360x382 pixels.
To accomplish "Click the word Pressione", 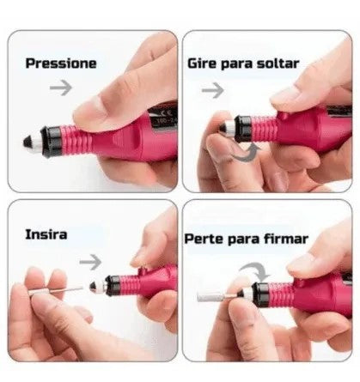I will (60, 63).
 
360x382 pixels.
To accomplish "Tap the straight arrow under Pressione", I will (61, 87).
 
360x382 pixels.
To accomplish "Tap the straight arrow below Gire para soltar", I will (212, 88).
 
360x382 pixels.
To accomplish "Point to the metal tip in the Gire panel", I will (221, 127).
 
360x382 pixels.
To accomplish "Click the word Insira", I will (46, 233).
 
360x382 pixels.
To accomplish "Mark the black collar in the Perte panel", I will (260, 294).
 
